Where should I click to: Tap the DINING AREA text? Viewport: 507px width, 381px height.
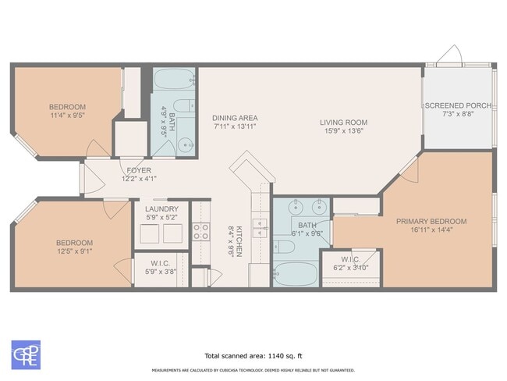235,119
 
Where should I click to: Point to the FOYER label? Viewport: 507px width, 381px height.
139,169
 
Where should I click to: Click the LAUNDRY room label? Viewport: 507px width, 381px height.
161,208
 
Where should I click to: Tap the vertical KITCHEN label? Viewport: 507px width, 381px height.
239,241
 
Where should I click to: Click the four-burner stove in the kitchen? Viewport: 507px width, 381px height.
200,231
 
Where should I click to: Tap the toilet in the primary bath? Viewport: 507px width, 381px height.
285,247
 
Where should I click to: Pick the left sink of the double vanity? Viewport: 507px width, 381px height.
296,208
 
